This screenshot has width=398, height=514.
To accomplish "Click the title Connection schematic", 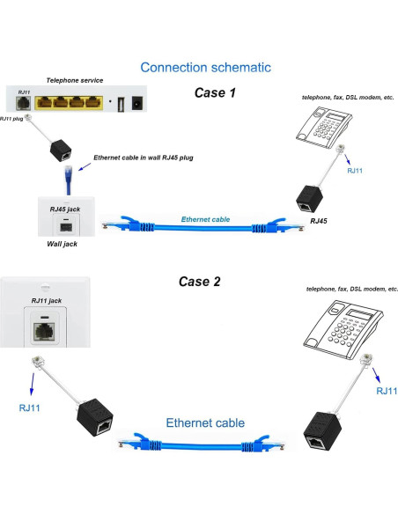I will pyautogui.click(x=205, y=67).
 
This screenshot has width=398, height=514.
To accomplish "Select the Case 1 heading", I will pyautogui.click(x=217, y=92).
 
